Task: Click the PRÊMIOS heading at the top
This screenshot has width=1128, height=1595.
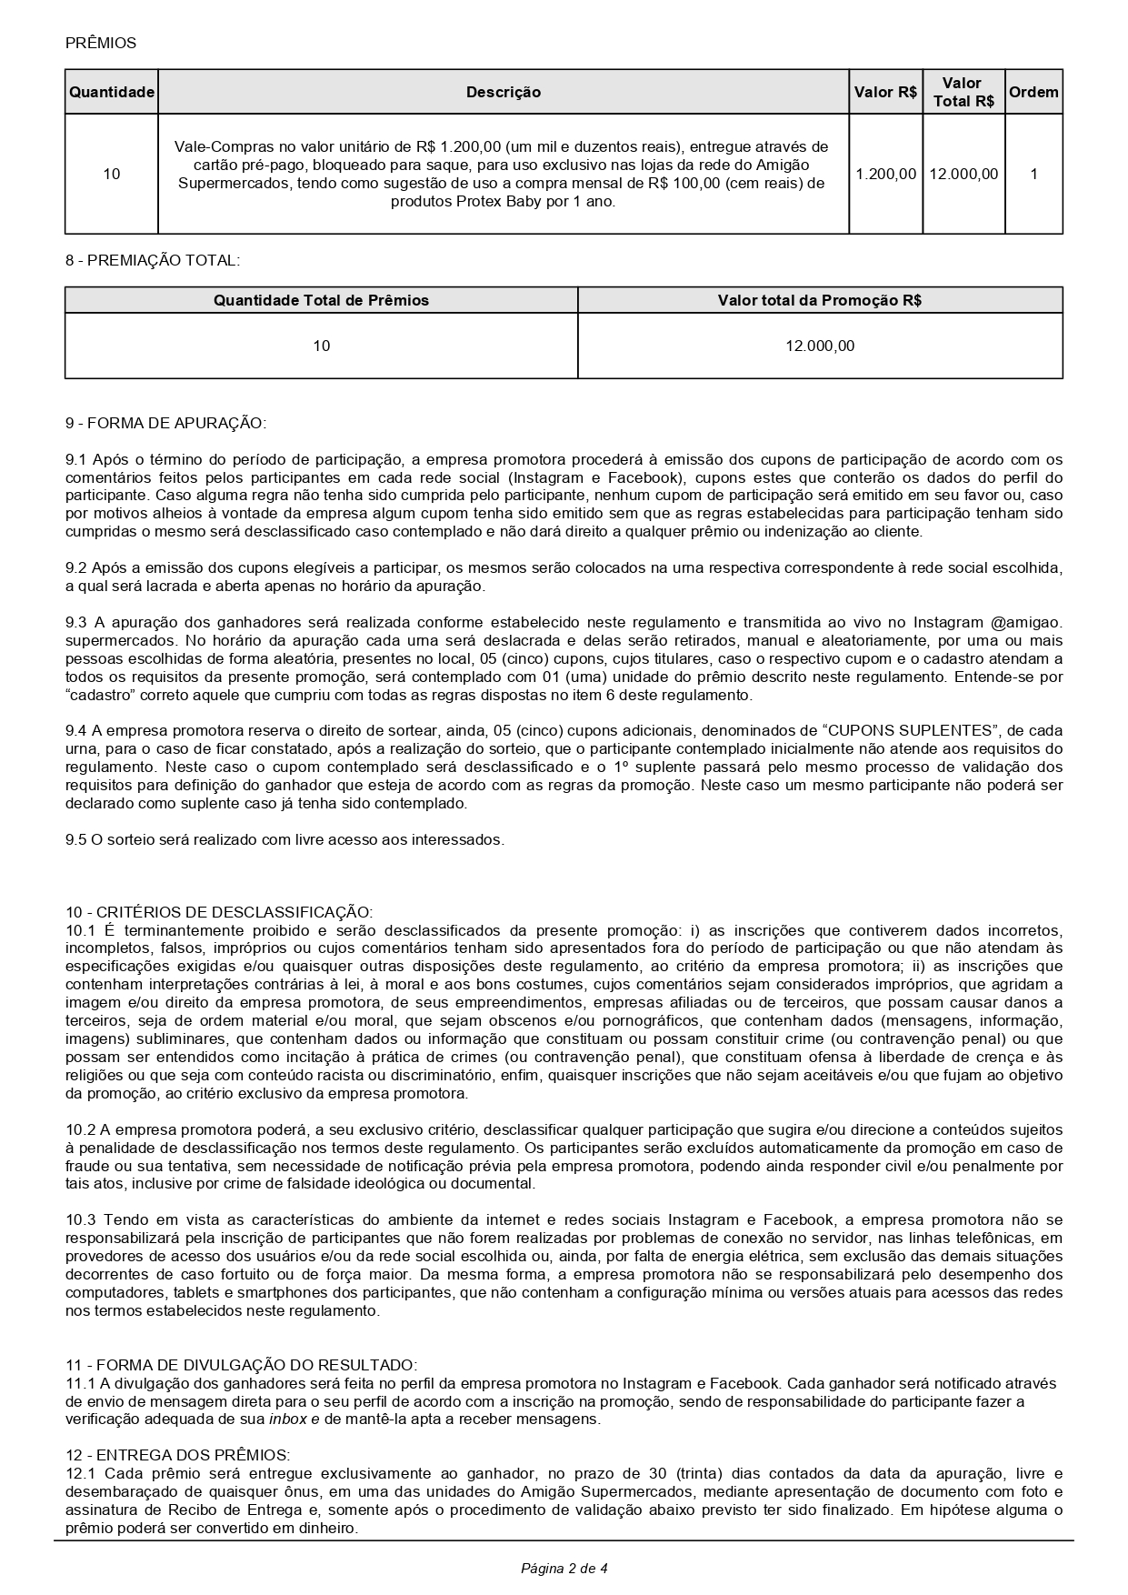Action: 101,43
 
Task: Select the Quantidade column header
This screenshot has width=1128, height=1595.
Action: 112,92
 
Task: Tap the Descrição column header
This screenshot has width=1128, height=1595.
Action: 504,92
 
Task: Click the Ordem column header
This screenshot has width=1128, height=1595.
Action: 1033,92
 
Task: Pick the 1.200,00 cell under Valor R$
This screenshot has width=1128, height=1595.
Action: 886,174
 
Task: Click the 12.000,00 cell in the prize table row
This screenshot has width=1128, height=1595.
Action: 963,174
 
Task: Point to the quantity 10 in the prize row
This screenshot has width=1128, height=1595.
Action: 112,174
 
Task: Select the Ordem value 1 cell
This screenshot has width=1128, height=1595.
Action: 1033,174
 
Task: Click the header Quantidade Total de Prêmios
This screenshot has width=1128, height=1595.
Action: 321,300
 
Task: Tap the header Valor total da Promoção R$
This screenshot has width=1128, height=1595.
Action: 820,300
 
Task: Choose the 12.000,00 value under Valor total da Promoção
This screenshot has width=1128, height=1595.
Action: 820,346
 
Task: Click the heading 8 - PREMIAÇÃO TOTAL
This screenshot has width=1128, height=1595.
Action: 153,260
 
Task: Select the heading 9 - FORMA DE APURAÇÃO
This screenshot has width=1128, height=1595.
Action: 165,423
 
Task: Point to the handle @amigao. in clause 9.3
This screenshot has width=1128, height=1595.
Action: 1023,622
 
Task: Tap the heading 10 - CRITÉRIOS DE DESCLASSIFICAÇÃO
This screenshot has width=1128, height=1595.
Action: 219,911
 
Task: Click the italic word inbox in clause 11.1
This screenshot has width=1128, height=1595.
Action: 288,1419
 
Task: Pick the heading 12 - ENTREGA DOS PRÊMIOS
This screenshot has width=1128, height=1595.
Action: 177,1454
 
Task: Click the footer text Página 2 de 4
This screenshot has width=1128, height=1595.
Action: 564,1568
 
